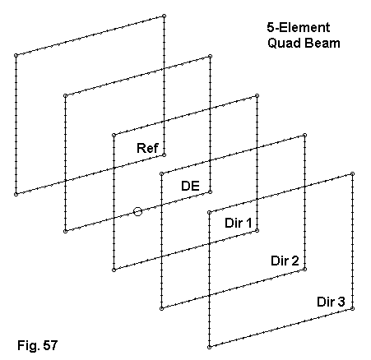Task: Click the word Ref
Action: point(147,148)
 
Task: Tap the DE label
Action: point(190,186)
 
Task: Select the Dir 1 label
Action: point(238,223)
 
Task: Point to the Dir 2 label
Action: point(285,261)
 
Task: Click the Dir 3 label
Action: point(331,302)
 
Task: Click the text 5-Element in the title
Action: point(299,27)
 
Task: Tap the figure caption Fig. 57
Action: point(38,345)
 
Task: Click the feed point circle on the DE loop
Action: point(137,211)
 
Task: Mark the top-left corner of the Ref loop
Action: point(16,55)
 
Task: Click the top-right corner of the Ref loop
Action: point(164,16)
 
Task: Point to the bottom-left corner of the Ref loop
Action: point(16,194)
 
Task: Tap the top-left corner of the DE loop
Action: point(65,95)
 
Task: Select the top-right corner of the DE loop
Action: point(210,57)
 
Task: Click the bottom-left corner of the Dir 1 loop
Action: point(114,270)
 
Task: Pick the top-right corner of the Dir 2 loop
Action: point(304,135)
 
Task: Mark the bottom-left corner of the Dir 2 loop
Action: point(161,308)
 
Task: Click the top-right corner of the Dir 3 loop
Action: point(353,173)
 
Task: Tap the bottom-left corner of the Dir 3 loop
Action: point(209,347)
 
